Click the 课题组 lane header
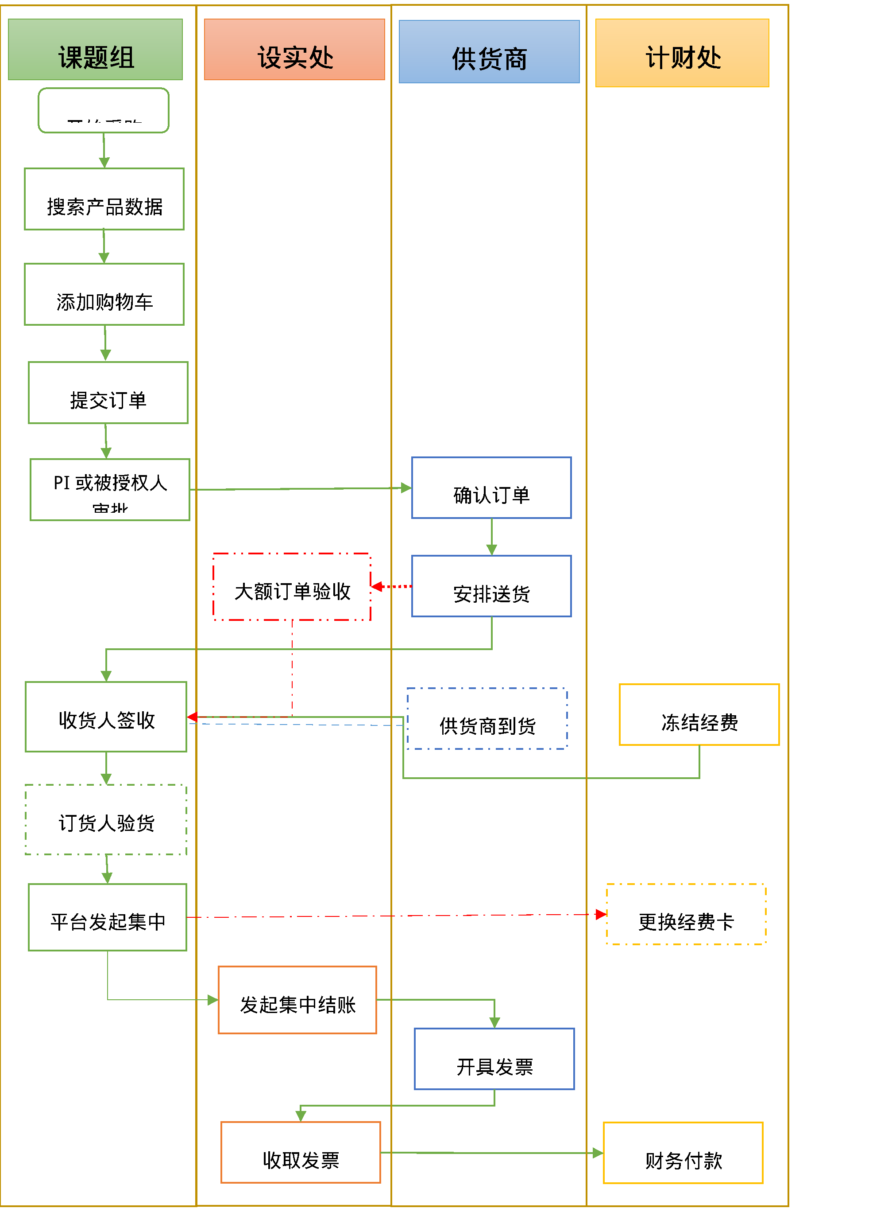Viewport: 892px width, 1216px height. coord(96,50)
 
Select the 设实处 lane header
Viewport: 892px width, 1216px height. coord(294,50)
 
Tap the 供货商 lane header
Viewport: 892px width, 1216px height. coord(489,52)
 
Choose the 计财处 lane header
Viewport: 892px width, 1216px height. coord(682,53)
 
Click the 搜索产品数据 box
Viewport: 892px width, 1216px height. coord(104,199)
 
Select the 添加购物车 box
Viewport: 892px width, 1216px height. coord(104,295)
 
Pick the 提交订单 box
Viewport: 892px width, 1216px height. coord(108,393)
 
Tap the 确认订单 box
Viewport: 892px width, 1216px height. coord(491,488)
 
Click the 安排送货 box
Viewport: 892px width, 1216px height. coord(491,586)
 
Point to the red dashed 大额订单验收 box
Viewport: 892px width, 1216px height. coord(292,587)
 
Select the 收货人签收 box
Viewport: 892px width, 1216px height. coord(106,717)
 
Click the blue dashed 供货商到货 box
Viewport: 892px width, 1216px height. coord(487,719)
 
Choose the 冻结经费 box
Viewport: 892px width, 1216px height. coord(699,715)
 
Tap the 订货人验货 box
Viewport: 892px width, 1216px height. coord(106,820)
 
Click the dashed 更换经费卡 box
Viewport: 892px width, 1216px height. coord(686,914)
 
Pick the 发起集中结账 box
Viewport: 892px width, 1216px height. coord(297,1000)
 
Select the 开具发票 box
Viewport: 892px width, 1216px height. coord(494,1059)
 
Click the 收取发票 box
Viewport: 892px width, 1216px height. coord(301,1153)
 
